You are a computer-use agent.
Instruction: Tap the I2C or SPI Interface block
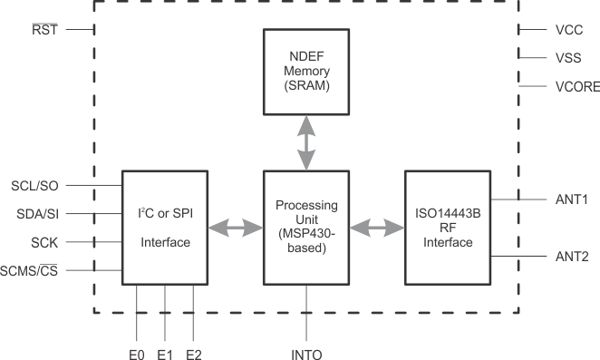coord(165,227)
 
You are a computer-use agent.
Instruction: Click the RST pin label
coord(43,29)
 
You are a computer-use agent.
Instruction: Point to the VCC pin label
coord(568,29)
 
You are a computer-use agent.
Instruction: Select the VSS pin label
coord(568,58)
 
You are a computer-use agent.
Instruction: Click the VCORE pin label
coord(575,87)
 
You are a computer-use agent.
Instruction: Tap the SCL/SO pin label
coord(34,185)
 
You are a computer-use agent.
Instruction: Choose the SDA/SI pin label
coord(35,214)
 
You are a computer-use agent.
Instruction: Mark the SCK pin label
coord(44,242)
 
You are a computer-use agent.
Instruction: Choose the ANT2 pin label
coord(571,257)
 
